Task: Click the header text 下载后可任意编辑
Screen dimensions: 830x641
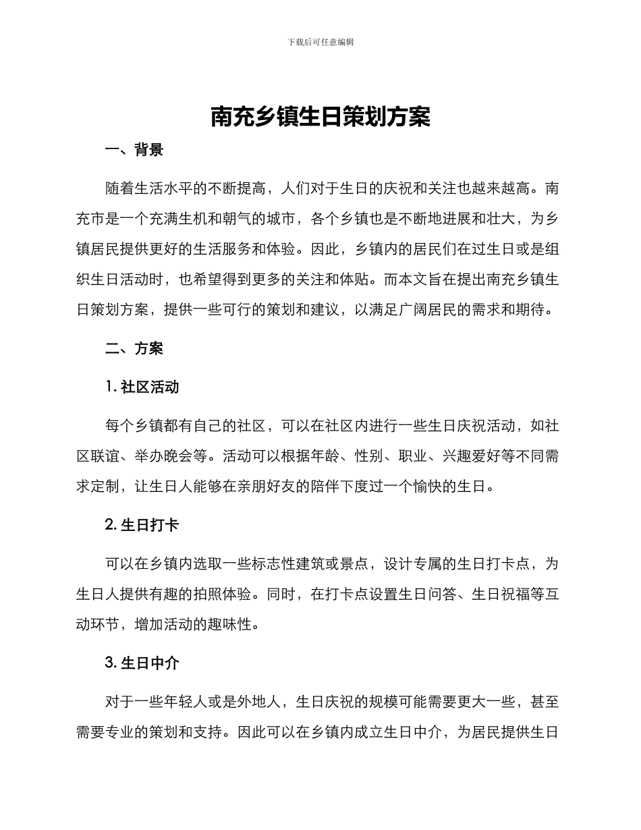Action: (x=320, y=42)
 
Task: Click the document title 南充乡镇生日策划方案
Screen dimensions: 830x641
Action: (x=320, y=117)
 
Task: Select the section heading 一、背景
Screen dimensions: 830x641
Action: (x=134, y=150)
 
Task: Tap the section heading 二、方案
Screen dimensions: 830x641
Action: (x=134, y=348)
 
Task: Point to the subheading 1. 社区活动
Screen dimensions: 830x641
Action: (x=142, y=387)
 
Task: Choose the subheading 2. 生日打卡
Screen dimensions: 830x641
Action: (x=142, y=524)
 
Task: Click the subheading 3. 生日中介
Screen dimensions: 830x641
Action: (x=142, y=663)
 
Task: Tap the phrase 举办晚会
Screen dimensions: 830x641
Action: (x=165, y=455)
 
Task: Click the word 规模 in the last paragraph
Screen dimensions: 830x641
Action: (x=383, y=702)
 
